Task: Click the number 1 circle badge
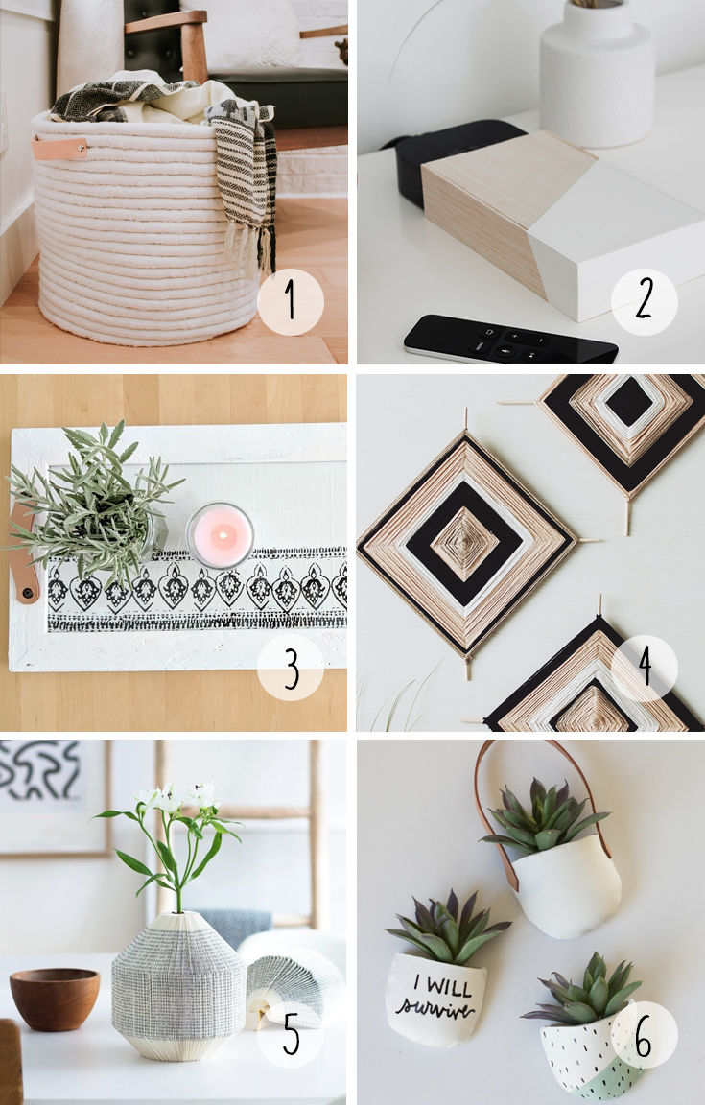(291, 301)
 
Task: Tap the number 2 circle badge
(644, 301)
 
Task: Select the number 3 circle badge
(291, 668)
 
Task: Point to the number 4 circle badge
(644, 668)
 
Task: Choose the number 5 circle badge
(291, 1034)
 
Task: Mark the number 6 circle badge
(644, 1034)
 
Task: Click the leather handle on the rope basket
(59, 148)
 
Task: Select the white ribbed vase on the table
(597, 73)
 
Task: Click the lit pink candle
(220, 534)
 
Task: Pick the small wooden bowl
(55, 998)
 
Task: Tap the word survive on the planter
(435, 1009)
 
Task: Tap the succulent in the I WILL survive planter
(447, 928)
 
